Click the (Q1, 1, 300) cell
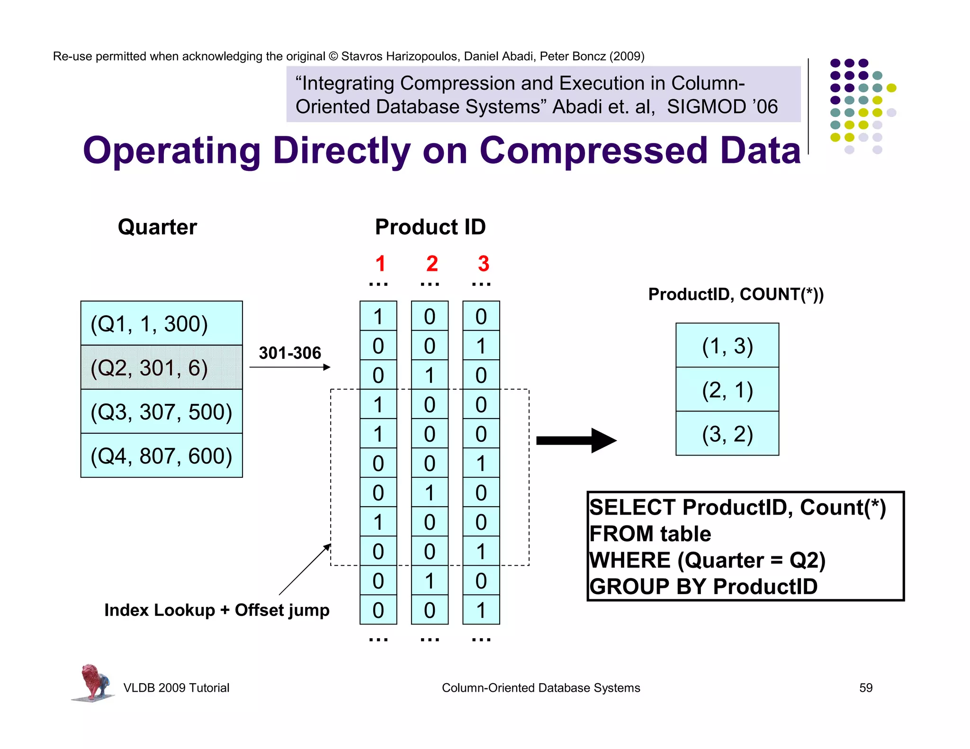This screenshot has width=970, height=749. [x=161, y=323]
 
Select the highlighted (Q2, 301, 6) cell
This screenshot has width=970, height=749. [x=161, y=367]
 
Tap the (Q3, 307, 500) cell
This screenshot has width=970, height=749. [x=161, y=411]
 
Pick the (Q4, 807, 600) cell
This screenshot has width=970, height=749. [x=161, y=455]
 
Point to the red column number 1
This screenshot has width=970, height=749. [x=380, y=264]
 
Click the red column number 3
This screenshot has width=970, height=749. [x=483, y=264]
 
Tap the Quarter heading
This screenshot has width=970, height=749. [x=157, y=227]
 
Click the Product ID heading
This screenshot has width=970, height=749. [x=430, y=227]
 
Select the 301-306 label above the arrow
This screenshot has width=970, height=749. [x=290, y=353]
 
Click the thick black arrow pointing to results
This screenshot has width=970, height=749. [x=575, y=440]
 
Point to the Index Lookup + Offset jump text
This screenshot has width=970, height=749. [x=216, y=610]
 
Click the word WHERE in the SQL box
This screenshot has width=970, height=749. [x=630, y=560]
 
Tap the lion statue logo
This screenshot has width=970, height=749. [x=93, y=682]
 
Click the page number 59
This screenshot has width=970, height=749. [x=865, y=687]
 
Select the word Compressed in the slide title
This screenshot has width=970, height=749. [x=593, y=151]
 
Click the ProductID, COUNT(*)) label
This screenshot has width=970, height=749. [x=736, y=294]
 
